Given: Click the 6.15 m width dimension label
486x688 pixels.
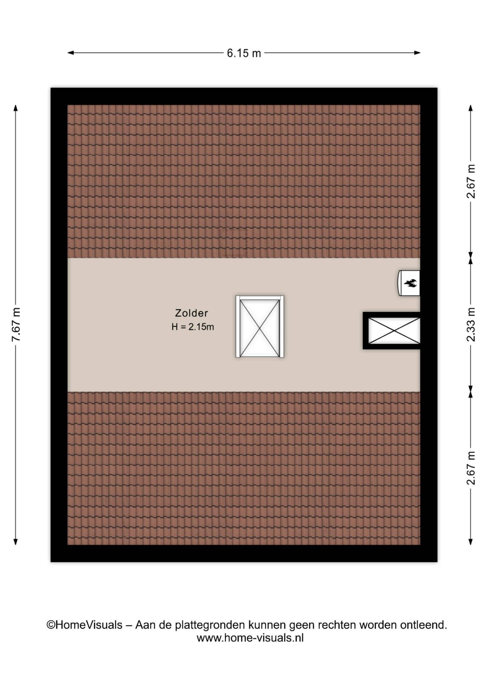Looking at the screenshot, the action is click(244, 53).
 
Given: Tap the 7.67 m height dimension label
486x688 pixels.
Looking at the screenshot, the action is click(16, 324).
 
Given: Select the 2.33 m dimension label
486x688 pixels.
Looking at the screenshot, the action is click(471, 324).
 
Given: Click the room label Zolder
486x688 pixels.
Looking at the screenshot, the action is click(191, 313).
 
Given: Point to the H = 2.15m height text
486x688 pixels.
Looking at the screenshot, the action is click(193, 327).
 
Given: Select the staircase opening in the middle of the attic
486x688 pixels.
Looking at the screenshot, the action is click(260, 326).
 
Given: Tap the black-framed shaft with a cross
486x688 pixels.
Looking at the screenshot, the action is click(392, 330).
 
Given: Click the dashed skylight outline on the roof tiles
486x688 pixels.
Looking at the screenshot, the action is click(233, 243).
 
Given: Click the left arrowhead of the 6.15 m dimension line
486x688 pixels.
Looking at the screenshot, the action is click(71, 53).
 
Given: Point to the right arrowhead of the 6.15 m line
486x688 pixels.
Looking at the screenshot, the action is click(417, 53).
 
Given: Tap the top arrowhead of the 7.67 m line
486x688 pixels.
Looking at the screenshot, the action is click(15, 108).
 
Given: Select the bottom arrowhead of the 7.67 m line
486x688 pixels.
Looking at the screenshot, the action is click(15, 541).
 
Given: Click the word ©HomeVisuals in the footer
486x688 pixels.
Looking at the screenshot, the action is click(84, 625).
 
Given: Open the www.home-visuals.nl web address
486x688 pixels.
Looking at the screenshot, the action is click(250, 638).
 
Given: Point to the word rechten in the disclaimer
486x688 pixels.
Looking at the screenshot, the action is click(337, 625).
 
